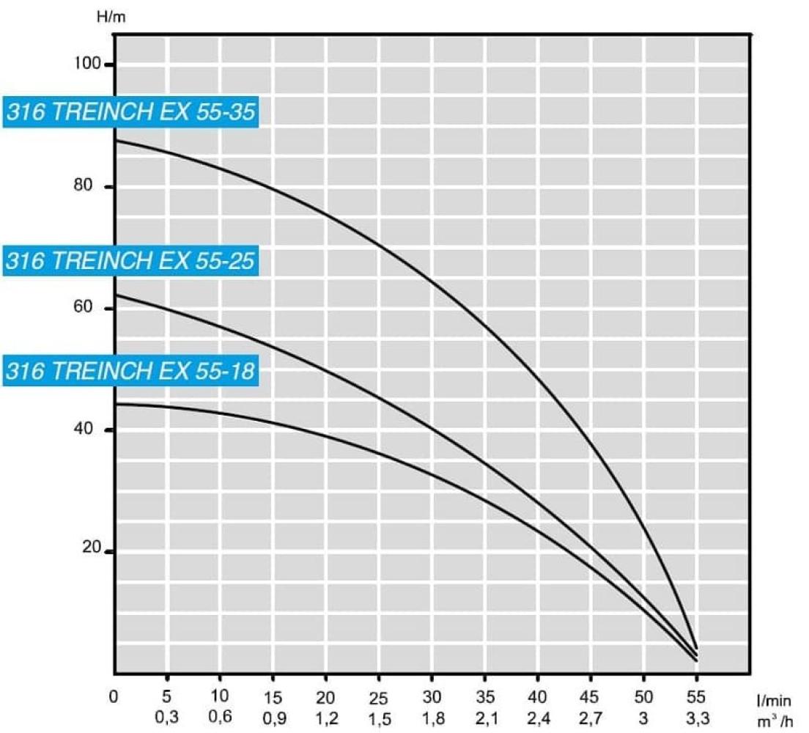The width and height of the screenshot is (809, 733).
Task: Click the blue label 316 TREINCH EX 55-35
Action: point(132,112)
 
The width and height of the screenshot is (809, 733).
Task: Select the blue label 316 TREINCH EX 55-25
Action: point(132,260)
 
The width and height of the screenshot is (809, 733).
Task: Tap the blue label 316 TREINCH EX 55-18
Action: point(132,371)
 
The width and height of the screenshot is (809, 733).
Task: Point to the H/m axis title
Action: point(111,17)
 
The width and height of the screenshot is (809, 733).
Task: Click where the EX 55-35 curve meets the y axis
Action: point(114,139)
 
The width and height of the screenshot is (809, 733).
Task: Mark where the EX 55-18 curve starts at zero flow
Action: point(114,404)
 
